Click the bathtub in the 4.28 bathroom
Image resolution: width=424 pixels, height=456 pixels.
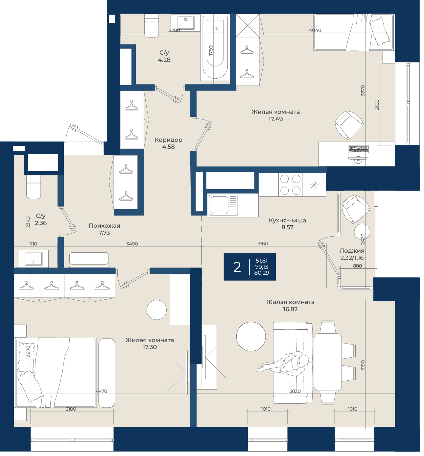[215, 47]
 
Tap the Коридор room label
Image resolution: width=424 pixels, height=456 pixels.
[168, 139]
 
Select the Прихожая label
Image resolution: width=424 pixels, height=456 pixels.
[104, 226]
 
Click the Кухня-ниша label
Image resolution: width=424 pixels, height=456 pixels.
[287, 220]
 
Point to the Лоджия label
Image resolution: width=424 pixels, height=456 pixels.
[352, 251]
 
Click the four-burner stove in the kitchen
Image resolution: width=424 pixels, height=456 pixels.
[290, 185]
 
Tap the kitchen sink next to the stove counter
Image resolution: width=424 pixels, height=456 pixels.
[223, 205]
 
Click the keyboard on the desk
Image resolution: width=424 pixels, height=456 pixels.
[358, 149]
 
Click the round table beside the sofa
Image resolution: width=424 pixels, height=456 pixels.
[251, 336]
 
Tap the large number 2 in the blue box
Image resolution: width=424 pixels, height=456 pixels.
[237, 267]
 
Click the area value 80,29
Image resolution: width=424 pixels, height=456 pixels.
[262, 273]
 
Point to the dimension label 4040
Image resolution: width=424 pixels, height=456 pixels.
[315, 30]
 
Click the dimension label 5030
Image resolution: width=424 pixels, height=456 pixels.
[295, 391]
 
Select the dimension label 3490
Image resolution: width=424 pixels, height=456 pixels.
[132, 244]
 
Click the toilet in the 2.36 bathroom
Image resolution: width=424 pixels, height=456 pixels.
[34, 187]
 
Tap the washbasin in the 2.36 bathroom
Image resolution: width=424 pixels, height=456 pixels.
[34, 258]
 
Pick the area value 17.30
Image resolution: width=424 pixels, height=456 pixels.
[150, 347]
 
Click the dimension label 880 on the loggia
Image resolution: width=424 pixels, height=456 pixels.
[358, 266]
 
